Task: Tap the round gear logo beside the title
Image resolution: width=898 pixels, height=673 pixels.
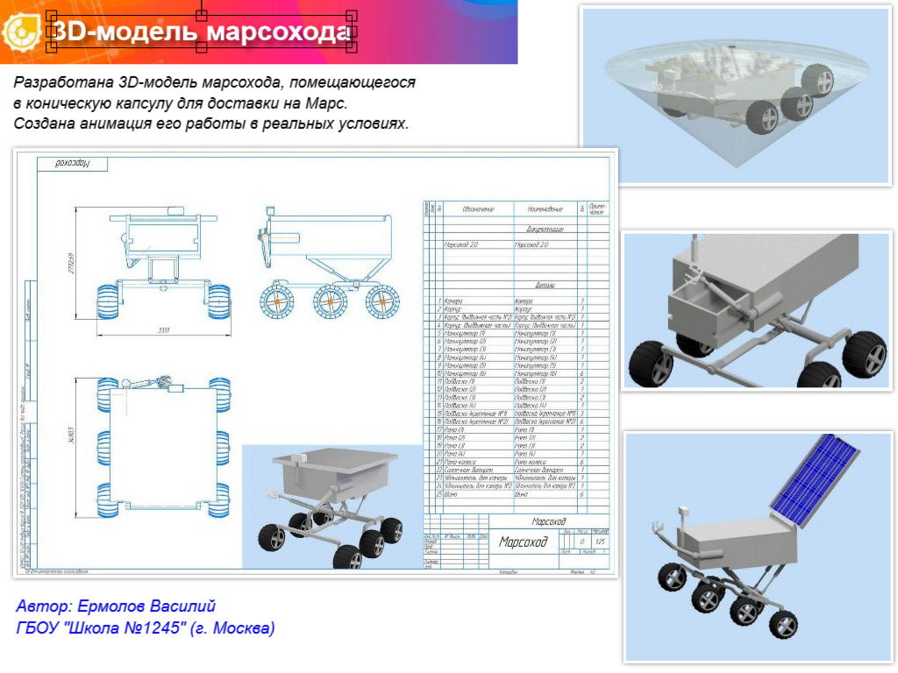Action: (20, 33)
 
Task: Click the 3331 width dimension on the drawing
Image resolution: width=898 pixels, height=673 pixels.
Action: (163, 331)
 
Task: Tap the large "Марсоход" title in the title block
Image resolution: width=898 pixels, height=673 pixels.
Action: (524, 542)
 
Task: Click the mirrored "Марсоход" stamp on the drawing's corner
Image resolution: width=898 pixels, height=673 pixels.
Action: (74, 163)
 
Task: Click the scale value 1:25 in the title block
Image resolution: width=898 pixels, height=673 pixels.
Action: (600, 542)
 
